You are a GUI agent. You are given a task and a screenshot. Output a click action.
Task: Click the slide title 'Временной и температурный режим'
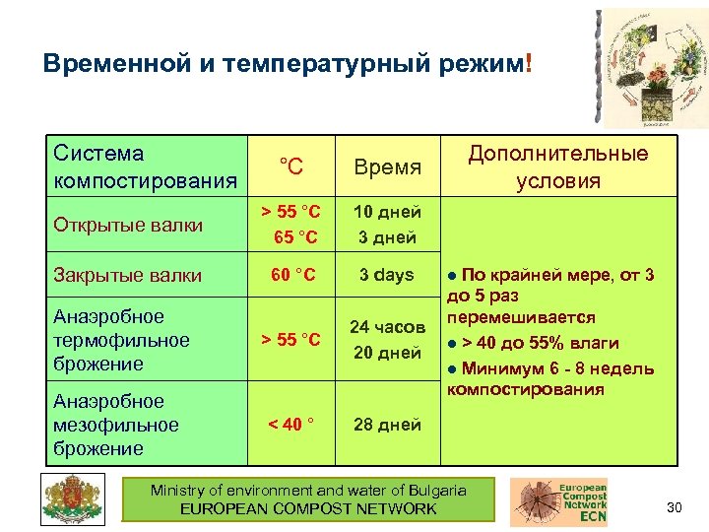click(286, 64)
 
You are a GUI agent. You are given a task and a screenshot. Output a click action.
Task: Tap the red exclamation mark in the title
click(530, 63)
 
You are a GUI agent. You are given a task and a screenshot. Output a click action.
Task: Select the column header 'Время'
click(389, 167)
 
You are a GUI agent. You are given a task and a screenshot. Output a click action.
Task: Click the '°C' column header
click(290, 166)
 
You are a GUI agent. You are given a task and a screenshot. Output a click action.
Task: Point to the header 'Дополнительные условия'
click(558, 166)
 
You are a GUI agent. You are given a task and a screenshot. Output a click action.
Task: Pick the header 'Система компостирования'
click(146, 167)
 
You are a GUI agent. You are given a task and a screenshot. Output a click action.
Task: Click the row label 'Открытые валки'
click(128, 225)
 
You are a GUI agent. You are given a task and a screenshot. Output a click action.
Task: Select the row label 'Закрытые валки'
click(128, 276)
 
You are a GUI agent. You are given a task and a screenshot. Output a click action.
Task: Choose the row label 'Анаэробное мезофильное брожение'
click(116, 425)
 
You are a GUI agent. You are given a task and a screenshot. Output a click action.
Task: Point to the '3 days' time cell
click(387, 275)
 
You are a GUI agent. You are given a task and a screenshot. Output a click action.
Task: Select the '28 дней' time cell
click(388, 425)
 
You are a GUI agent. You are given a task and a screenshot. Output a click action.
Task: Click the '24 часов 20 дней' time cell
click(388, 340)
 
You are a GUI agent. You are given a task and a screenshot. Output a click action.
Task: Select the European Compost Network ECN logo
click(558, 501)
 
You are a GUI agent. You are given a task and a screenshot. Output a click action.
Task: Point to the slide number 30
click(675, 507)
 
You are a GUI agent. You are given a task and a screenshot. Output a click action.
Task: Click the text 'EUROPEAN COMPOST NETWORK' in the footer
click(308, 508)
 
